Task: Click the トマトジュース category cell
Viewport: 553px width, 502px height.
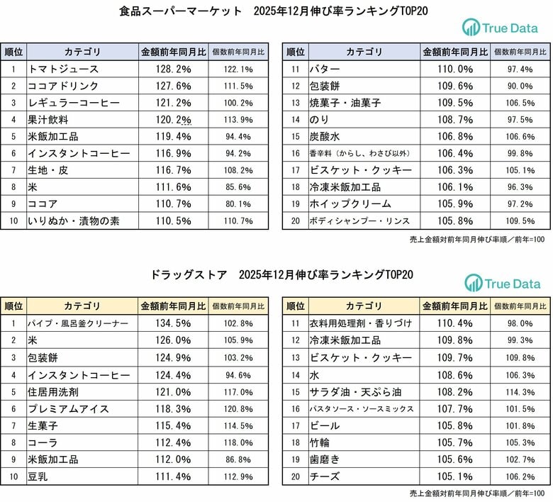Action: coord(64,69)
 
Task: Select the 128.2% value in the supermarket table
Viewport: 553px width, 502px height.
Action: coord(173,69)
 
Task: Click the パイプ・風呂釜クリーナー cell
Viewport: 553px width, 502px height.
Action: coord(78,323)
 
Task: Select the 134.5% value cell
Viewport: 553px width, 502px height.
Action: coord(173,323)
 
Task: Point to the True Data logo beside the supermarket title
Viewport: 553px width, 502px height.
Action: coord(501,28)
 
